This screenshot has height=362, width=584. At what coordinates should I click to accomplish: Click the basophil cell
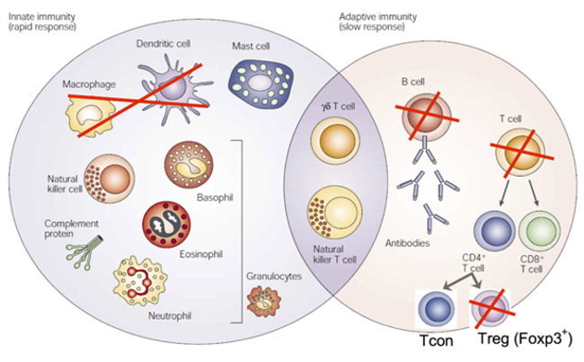pos(189,164)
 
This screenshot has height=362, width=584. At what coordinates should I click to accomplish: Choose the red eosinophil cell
pos(169,225)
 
